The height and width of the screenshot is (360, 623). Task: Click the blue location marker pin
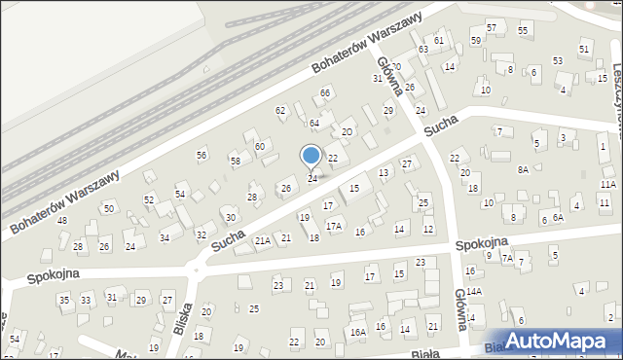pos(311,156)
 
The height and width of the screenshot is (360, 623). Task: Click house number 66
pos(326,92)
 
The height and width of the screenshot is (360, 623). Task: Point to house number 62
pos(280,110)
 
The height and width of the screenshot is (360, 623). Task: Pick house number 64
pos(314,124)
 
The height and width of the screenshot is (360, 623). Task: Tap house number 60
pos(260,146)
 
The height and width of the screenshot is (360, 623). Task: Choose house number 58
pos(235,160)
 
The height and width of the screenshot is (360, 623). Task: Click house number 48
pos(61,221)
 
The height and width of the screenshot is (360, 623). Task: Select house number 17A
pos(334,225)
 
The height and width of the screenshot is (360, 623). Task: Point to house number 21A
pos(262,239)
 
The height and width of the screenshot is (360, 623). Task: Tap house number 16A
pos(358,332)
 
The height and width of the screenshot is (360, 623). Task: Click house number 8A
pos(523,169)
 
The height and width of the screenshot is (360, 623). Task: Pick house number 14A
pos(474,291)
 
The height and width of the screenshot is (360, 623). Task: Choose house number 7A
pos(506,258)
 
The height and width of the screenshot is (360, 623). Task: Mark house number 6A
pos(558,218)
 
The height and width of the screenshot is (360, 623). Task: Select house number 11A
pos(608,184)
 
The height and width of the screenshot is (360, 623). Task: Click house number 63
pos(423,49)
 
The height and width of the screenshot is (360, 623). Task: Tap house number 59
pos(475,40)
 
